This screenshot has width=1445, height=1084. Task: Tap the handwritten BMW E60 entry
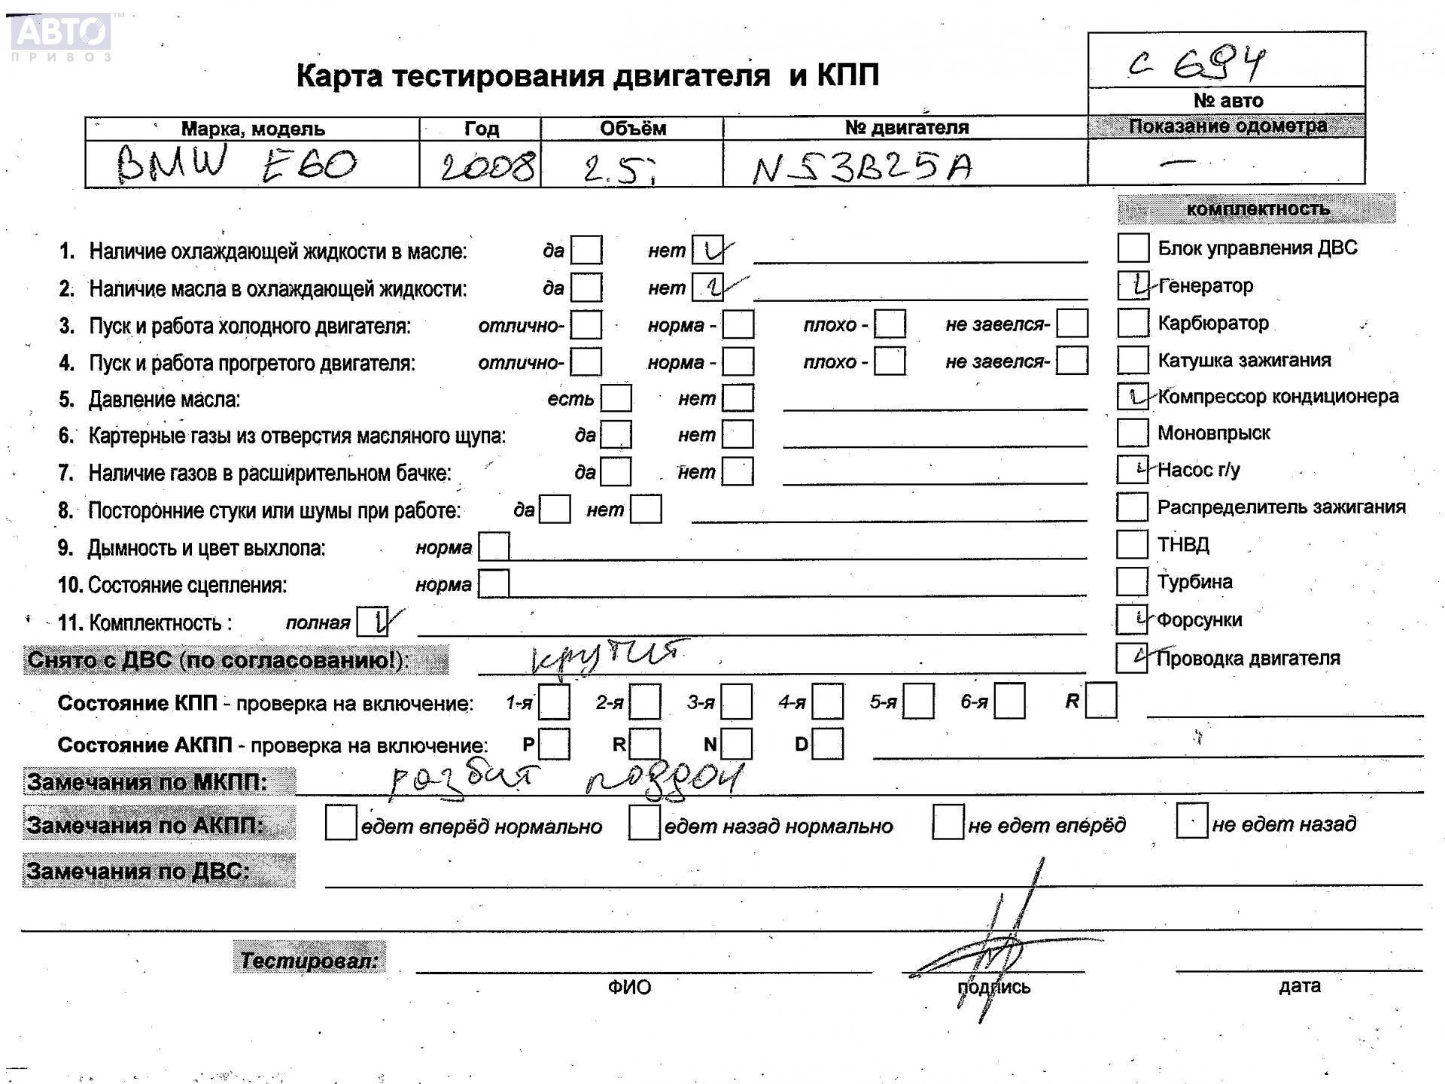point(236,163)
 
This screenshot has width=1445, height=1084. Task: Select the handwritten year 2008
point(488,166)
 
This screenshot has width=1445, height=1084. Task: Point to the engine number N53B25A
point(862,167)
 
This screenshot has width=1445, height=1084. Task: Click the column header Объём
point(632,129)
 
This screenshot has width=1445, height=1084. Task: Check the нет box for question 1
point(707,250)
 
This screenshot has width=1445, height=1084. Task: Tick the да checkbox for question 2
point(586,288)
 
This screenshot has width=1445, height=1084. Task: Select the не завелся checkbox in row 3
point(1072,324)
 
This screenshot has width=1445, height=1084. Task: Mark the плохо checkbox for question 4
point(890,361)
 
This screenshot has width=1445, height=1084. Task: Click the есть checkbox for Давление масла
point(616,398)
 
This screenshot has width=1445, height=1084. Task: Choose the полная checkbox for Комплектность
point(372,622)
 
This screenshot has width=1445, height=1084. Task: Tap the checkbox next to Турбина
point(1132,581)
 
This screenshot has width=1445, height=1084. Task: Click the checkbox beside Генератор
point(1133,285)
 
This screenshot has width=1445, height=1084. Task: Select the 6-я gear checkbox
point(1009,702)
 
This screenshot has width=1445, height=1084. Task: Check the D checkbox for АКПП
point(828,744)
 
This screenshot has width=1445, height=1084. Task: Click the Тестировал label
point(309,960)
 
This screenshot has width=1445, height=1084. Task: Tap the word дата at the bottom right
point(1299,986)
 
